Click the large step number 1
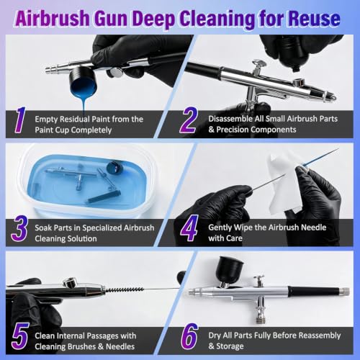20,120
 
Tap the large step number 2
189,120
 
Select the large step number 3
19,228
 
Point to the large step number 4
189,228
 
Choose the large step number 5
20,336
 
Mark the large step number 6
189,336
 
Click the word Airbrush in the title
53,19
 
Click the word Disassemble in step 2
234,119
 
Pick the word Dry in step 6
215,336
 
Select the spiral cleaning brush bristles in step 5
125,289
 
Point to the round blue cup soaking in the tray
114,168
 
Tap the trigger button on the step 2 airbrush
259,64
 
